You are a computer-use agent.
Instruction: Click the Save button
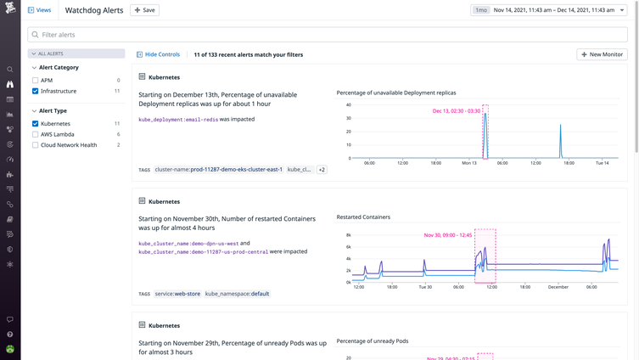click(x=144, y=10)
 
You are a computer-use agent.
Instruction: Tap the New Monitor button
click(x=602, y=54)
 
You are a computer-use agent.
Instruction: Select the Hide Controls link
click(x=158, y=54)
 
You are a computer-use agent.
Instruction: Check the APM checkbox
click(x=35, y=81)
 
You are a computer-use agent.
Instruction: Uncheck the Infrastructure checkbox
click(x=35, y=91)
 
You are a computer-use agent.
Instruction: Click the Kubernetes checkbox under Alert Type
click(x=35, y=124)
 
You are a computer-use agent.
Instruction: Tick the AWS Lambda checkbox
click(x=35, y=134)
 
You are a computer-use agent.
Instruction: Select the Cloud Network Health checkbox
click(x=35, y=145)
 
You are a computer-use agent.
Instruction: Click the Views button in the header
click(x=39, y=10)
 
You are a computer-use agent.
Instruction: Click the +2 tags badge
click(x=322, y=170)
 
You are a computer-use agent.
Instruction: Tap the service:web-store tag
click(x=177, y=294)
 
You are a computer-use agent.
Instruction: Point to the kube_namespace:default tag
click(x=237, y=294)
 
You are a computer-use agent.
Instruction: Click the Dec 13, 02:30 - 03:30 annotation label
click(x=456, y=111)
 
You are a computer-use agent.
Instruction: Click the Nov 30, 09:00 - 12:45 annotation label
click(x=447, y=235)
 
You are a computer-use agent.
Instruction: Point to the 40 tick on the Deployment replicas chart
click(x=348, y=105)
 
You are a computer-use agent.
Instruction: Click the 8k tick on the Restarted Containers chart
click(x=348, y=235)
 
